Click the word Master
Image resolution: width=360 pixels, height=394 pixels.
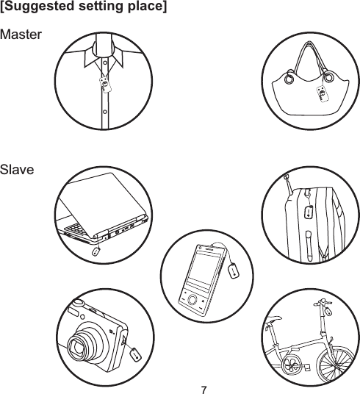tap(22, 35)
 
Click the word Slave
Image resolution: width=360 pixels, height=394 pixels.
tap(18, 170)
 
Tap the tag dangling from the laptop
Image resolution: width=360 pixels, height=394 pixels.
tap(95, 249)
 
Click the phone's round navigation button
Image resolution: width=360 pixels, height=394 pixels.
tap(193, 301)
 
